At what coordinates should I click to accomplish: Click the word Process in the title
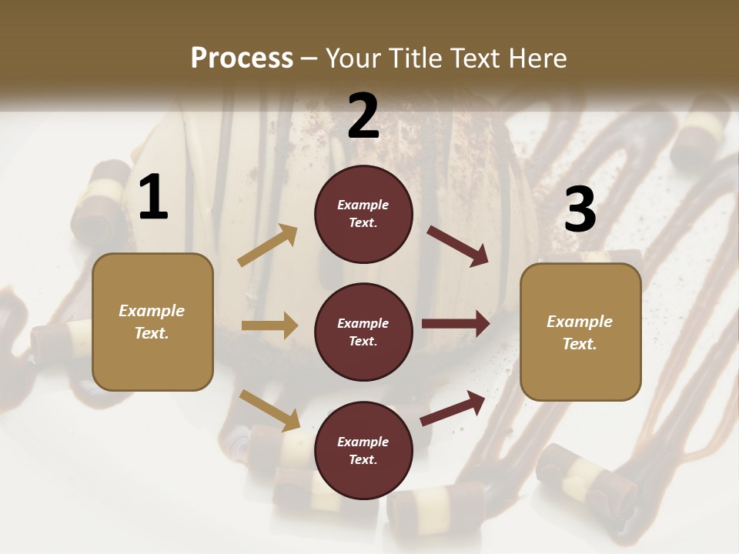click(x=242, y=58)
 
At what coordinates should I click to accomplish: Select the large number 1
click(x=152, y=197)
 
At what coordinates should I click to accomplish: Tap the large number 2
click(x=363, y=115)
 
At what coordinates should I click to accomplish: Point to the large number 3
click(x=580, y=209)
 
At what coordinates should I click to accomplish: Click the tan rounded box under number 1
click(x=152, y=322)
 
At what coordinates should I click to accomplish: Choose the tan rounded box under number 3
click(x=580, y=332)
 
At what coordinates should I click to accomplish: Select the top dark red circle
click(x=363, y=214)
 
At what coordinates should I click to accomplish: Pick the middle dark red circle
click(x=363, y=332)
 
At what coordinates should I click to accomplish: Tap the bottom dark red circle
click(x=363, y=450)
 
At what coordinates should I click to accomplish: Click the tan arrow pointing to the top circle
click(x=267, y=245)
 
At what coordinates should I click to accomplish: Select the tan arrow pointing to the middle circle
click(x=269, y=325)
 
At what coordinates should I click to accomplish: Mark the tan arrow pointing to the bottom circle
click(x=269, y=410)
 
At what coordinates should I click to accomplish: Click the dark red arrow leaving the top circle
click(x=458, y=245)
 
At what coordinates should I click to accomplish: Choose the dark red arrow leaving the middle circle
click(x=456, y=324)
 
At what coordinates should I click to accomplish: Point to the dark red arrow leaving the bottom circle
click(x=453, y=408)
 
